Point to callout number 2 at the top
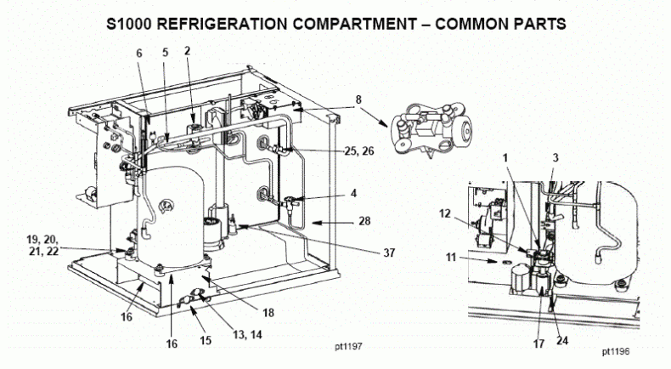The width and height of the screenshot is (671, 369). [187, 50]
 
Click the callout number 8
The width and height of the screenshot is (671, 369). [358, 99]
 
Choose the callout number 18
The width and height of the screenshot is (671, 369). [268, 313]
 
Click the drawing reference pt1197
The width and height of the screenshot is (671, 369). [352, 348]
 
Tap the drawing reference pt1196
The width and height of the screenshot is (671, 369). [617, 349]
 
